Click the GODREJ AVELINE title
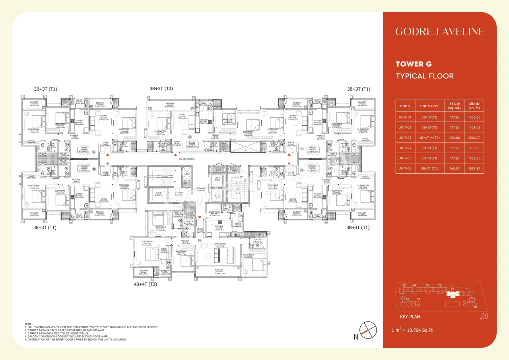pyautogui.click(x=439, y=31)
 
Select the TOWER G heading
pyautogui.click(x=414, y=64)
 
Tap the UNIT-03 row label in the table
pyautogui.click(x=405, y=138)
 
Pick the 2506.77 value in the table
pyautogui.click(x=474, y=138)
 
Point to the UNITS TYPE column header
pyautogui.click(x=429, y=106)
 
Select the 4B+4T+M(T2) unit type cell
pyautogui.click(x=429, y=138)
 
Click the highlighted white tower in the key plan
pyautogui.click(x=453, y=294)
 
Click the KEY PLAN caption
pyautogui.click(x=410, y=317)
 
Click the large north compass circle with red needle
pyautogui.click(x=367, y=330)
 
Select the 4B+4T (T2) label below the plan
pyautogui.click(x=146, y=284)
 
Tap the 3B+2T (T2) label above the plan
pyautogui.click(x=161, y=88)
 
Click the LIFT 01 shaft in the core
pyautogui.click(x=217, y=178)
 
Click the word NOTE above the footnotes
pyautogui.click(x=29, y=324)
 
